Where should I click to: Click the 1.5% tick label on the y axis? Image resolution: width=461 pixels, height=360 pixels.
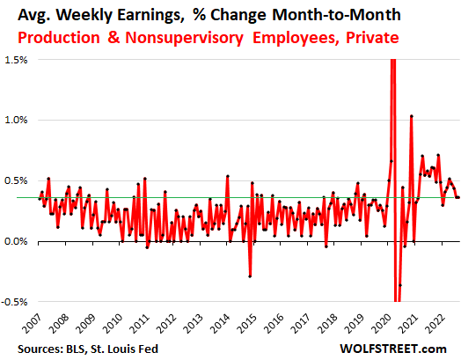click(16, 60)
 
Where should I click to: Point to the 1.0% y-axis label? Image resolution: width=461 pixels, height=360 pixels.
click(16, 120)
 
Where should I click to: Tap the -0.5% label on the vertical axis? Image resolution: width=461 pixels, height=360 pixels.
click(14, 302)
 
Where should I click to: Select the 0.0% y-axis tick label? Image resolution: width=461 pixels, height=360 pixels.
click(16, 241)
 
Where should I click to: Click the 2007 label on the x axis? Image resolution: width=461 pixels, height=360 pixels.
click(33, 323)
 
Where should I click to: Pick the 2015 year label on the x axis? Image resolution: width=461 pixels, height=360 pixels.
click(247, 323)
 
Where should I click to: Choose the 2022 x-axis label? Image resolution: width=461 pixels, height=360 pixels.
click(435, 323)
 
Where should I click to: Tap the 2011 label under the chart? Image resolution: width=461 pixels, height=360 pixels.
click(140, 323)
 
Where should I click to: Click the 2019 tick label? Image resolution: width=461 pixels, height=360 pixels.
click(355, 323)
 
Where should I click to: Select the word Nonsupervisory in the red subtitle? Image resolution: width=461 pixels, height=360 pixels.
click(184, 38)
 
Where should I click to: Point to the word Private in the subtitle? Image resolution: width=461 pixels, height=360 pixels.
click(372, 38)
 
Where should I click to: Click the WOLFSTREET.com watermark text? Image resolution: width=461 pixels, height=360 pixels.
click(393, 349)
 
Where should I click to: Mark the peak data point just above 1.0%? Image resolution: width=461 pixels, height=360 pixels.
click(412, 116)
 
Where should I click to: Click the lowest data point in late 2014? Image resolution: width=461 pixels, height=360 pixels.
click(250, 276)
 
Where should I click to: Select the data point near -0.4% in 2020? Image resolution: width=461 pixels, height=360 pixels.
click(400, 285)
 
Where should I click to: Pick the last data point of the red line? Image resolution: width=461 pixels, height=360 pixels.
click(458, 197)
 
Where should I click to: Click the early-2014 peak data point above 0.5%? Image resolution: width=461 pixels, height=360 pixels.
click(228, 176)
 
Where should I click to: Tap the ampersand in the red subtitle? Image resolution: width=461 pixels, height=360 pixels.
click(113, 38)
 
